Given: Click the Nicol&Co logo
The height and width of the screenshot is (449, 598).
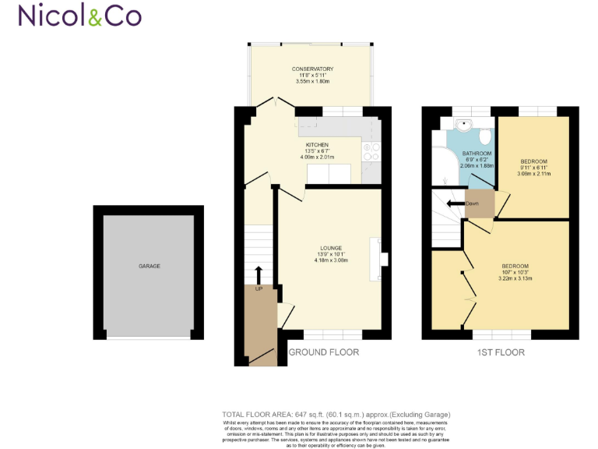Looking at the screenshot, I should click(x=79, y=16).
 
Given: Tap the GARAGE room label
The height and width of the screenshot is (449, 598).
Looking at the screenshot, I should click(x=149, y=266).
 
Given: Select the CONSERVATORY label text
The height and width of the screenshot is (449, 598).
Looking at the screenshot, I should click(x=312, y=69).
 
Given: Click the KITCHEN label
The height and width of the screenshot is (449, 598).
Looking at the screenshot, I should click(x=317, y=145).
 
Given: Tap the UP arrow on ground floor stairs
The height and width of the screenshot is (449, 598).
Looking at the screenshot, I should click(x=259, y=274).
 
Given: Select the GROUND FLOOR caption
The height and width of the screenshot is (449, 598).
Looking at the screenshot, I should click(x=324, y=352).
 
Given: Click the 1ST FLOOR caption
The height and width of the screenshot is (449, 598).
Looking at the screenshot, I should click(x=500, y=352).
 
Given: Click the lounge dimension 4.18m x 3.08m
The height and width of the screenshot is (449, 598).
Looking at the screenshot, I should click(x=330, y=260).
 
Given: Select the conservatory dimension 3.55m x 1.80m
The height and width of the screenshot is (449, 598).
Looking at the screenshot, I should click(x=312, y=82).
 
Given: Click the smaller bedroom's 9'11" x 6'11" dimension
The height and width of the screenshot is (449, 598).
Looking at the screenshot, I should click(x=535, y=168).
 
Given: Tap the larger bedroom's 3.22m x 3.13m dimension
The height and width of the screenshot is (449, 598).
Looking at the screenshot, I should click(x=515, y=278).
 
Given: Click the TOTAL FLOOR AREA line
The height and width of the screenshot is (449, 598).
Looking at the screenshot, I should click(x=336, y=414).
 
